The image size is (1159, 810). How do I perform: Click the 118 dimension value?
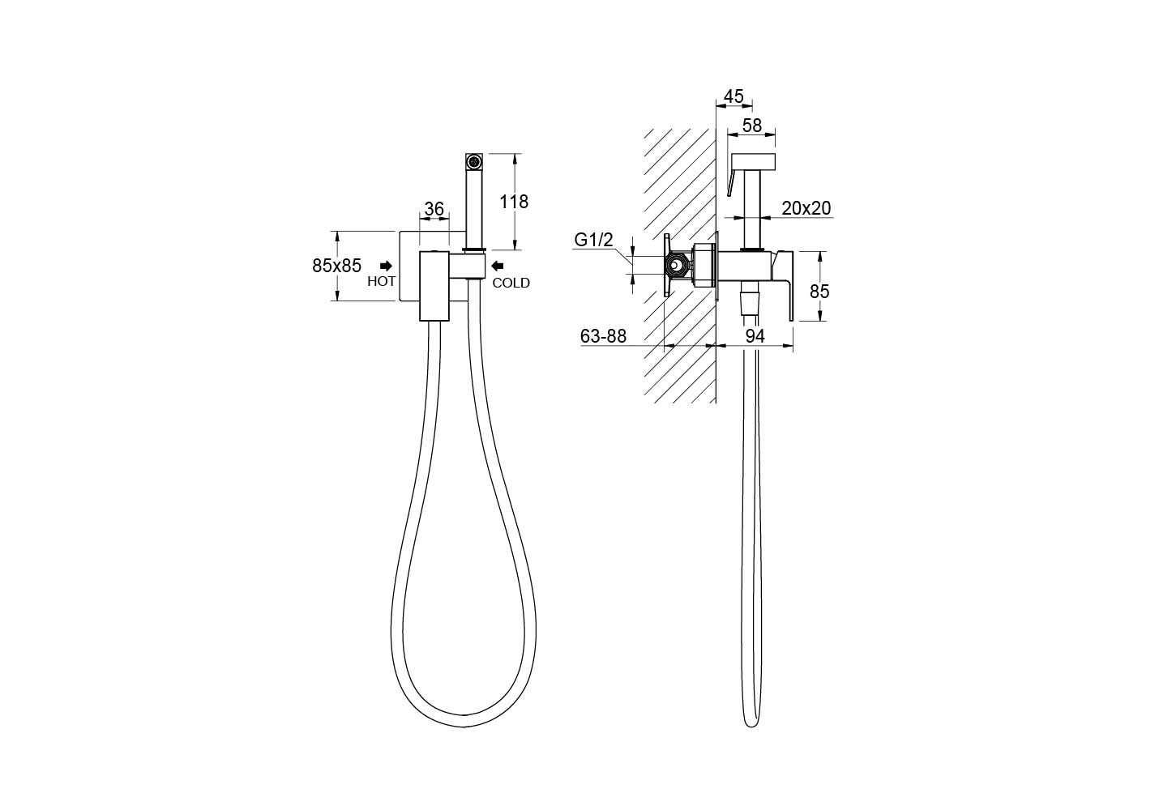coord(513,201)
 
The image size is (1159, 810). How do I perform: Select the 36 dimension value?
coord(434,208)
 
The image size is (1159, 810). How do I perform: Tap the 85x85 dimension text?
coord(337,266)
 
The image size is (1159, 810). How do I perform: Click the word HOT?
coord(381,281)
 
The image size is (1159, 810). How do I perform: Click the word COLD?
coord(511,283)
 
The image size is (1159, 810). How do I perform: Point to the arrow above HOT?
coord(386,266)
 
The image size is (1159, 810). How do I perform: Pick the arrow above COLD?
coord(497,266)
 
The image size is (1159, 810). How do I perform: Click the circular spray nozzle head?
coord(473,162)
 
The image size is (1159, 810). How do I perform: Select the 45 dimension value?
coord(733,96)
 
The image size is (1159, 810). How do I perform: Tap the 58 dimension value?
coord(752,126)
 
